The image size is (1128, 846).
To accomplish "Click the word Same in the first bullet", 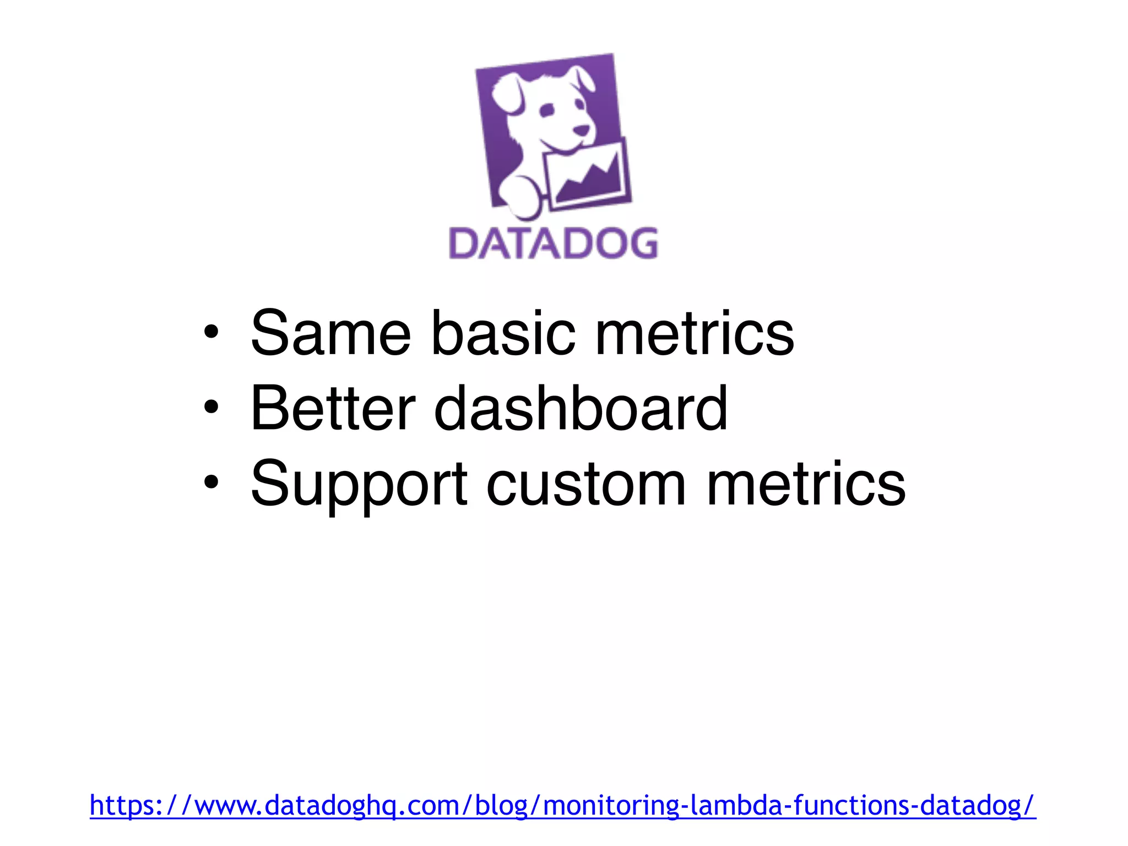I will (x=330, y=333).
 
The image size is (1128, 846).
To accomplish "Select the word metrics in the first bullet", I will (x=694, y=333).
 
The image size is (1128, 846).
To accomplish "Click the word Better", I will (x=333, y=408).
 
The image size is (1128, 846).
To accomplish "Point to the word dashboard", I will (x=581, y=408).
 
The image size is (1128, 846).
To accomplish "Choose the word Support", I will (x=359, y=484).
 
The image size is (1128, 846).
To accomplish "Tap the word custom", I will (x=586, y=484).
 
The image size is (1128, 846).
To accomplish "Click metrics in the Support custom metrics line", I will (x=805, y=484).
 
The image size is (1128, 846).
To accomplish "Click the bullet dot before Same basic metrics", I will (x=211, y=332).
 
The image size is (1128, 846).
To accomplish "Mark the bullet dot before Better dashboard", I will (x=211, y=408).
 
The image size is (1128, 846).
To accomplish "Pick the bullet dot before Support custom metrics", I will (x=211, y=483).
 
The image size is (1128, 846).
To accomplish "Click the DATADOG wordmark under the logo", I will (x=554, y=243).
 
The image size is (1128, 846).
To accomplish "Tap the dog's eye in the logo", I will (x=546, y=110).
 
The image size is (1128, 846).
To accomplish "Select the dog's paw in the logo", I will (x=520, y=196).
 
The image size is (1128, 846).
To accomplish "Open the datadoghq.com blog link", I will (x=562, y=805).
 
